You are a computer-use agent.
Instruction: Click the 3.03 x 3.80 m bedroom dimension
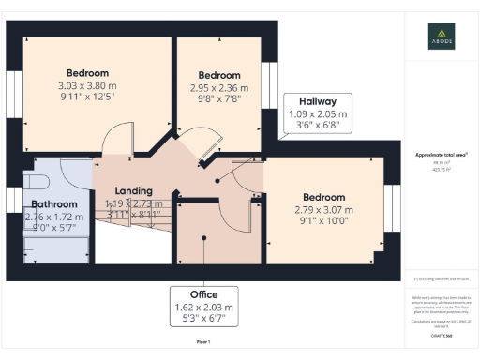pos(87,84)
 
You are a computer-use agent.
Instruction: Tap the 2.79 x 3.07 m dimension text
pos(323,209)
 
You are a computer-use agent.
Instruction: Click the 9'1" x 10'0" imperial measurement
pos(323,221)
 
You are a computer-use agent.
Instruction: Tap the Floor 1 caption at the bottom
pos(202,343)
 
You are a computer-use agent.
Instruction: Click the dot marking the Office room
pos(202,236)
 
